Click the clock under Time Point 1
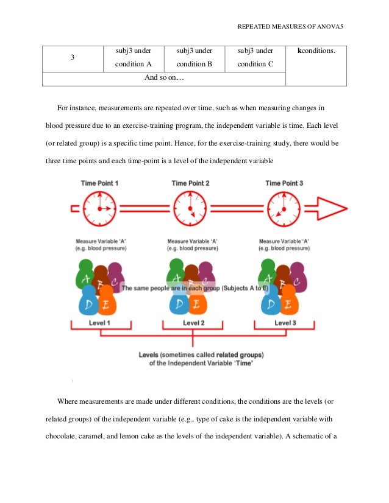coord(99,208)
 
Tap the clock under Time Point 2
coord(191,208)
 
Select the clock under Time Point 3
coord(284,208)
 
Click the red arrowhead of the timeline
coord(332,208)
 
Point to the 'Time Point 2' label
coord(191,183)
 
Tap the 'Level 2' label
coord(193,322)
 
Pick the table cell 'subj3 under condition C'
coord(255,57)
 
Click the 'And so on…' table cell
coord(163,78)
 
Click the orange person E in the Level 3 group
coord(289,301)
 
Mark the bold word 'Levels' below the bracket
coord(149,354)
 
